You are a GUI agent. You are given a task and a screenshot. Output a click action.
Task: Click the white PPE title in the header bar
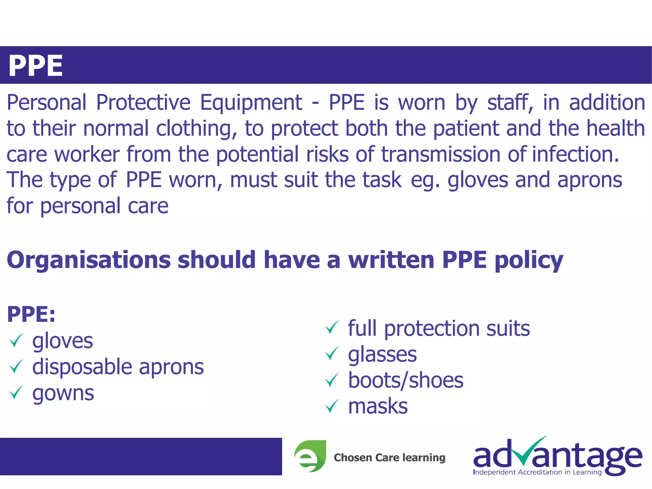click(36, 66)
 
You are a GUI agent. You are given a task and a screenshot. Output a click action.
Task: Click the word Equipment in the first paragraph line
click(251, 103)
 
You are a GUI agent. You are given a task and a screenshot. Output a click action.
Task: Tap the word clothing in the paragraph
click(197, 129)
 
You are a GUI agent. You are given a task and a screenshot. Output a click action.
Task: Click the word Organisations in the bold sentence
click(89, 260)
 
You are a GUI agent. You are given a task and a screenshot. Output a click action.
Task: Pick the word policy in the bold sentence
click(529, 260)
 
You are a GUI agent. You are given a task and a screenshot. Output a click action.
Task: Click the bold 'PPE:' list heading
click(31, 315)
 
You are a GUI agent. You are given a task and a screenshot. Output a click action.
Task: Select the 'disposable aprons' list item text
click(118, 367)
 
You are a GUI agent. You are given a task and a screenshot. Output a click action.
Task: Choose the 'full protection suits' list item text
click(439, 328)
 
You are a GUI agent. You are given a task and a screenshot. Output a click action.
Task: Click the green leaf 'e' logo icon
click(310, 456)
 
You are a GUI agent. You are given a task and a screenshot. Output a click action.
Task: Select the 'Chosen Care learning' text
click(389, 458)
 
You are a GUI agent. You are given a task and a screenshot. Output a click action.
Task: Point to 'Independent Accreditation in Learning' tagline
click(537, 472)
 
